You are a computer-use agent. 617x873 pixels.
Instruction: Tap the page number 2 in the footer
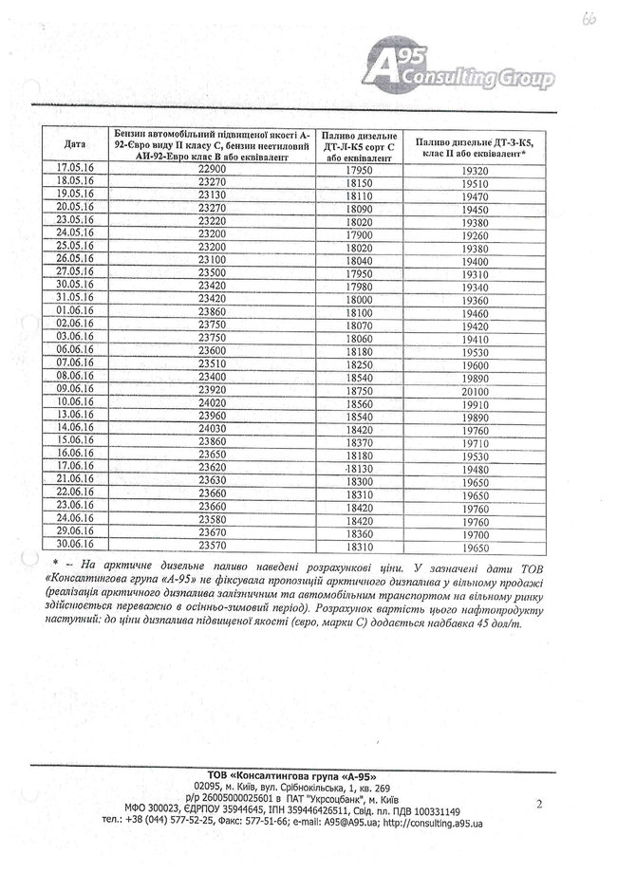(538, 805)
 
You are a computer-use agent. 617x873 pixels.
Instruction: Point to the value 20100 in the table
(475, 389)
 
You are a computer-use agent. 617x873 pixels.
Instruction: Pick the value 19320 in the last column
(475, 170)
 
